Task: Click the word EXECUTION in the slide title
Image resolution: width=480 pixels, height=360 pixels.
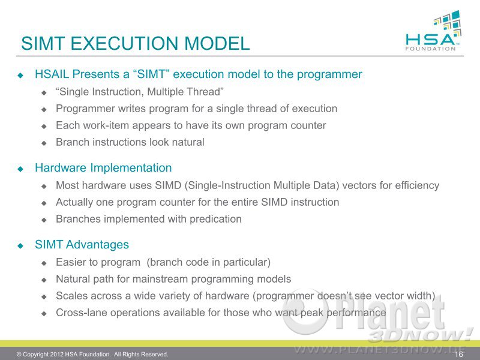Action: coord(125,43)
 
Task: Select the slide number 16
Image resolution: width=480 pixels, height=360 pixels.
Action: coord(459,354)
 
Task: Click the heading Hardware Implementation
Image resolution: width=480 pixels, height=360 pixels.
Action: coord(103,168)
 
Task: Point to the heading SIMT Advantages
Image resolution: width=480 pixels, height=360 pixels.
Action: coord(82,245)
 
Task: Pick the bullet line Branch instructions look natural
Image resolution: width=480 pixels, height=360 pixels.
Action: coord(130,142)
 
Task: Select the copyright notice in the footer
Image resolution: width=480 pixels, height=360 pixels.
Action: coord(92,354)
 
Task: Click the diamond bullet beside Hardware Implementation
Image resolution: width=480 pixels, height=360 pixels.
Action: coord(21,169)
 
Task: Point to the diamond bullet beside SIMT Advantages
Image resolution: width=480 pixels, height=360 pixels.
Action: coord(21,245)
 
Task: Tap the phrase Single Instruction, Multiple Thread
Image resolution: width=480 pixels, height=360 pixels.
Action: coord(140,92)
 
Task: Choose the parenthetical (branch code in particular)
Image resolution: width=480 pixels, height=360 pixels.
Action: coord(208,262)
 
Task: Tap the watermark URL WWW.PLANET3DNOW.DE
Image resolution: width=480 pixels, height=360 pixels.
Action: coord(380,350)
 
